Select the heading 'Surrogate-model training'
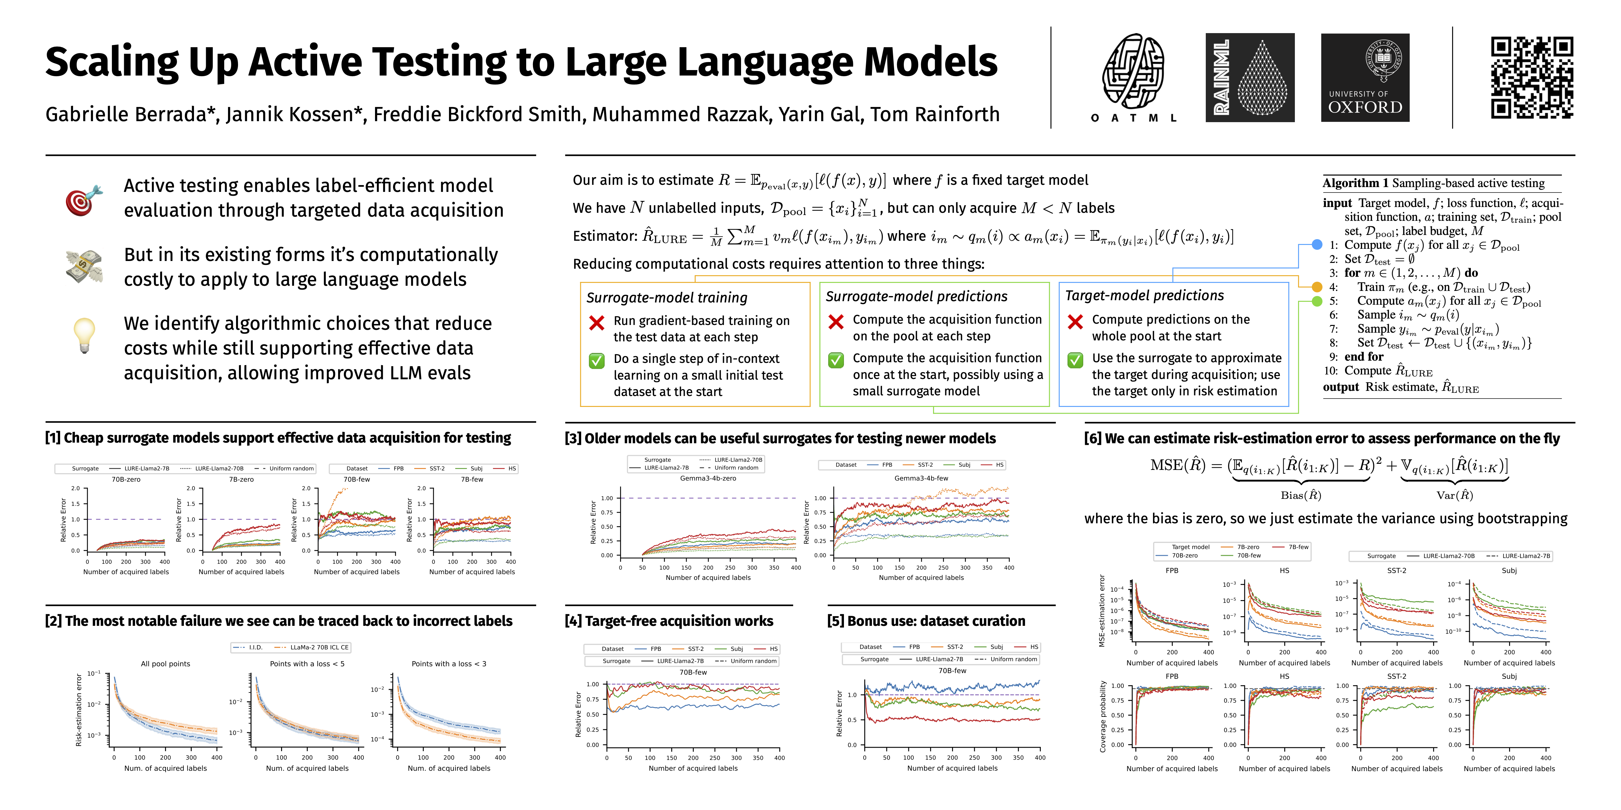coord(667,297)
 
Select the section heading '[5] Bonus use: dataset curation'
coord(926,621)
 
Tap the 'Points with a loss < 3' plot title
coord(449,663)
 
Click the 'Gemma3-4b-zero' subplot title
coord(708,478)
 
